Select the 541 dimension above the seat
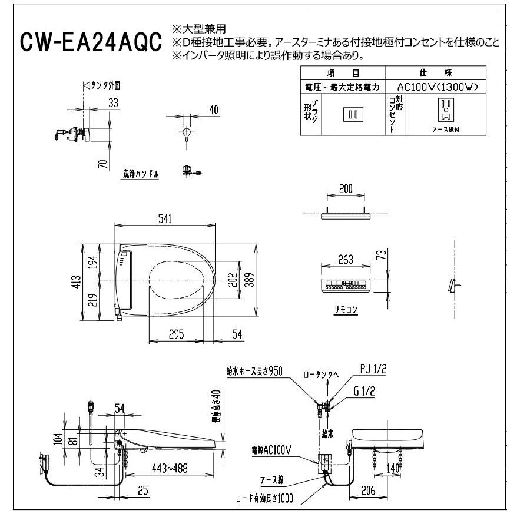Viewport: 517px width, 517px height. [x=165, y=219]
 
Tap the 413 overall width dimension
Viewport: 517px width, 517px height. [x=87, y=283]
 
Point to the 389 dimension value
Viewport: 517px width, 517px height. [x=250, y=282]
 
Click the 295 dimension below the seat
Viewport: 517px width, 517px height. [x=176, y=334]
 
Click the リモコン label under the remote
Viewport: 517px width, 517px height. [x=346, y=309]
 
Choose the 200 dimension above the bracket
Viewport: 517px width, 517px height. [x=346, y=189]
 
